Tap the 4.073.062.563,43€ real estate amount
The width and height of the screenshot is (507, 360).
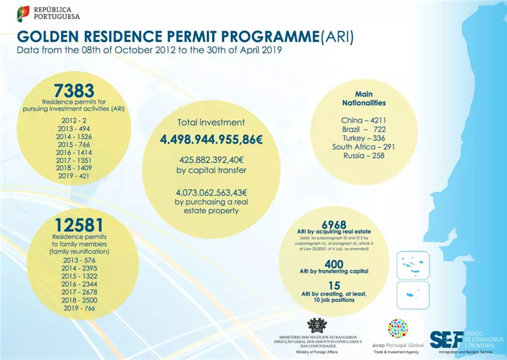click(x=211, y=193)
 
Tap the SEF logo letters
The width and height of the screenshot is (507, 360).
click(x=445, y=339)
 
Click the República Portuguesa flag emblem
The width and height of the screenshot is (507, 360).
click(x=24, y=12)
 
